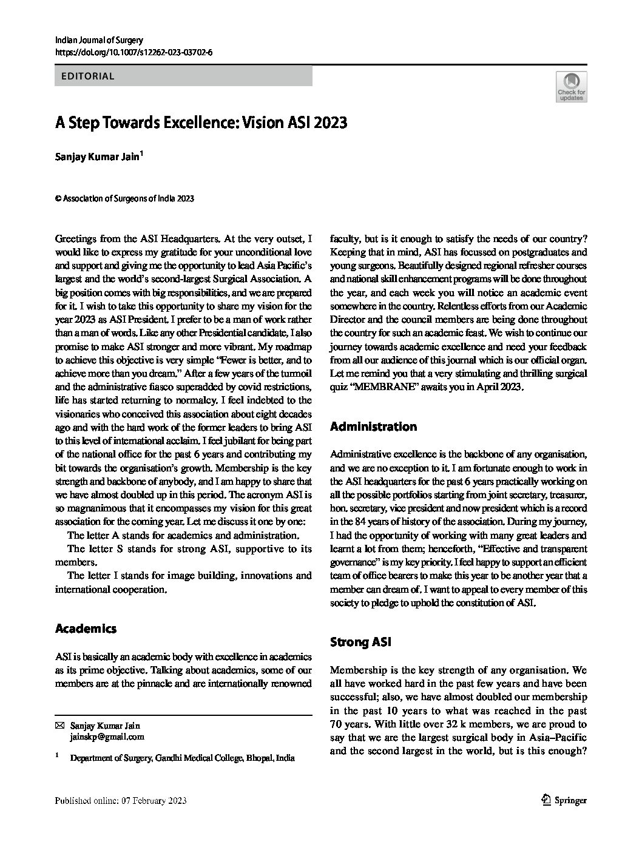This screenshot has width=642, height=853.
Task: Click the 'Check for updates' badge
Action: click(571, 87)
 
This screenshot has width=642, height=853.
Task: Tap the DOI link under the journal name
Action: click(133, 53)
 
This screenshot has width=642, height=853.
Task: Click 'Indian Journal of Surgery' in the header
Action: click(98, 41)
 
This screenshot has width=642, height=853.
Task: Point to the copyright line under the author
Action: click(124, 198)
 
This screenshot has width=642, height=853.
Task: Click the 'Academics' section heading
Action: click(86, 629)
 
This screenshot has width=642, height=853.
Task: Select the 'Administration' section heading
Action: click(373, 426)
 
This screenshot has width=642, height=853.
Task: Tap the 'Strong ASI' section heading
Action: click(360, 642)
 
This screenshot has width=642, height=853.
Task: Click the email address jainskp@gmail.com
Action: click(107, 737)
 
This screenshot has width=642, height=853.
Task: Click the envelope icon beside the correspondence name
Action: click(59, 726)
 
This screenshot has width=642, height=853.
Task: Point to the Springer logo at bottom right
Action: click(564, 800)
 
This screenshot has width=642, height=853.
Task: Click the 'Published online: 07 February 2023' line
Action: click(120, 801)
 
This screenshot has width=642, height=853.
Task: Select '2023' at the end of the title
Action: click(331, 123)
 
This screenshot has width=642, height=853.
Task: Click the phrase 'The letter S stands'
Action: click(107, 549)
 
